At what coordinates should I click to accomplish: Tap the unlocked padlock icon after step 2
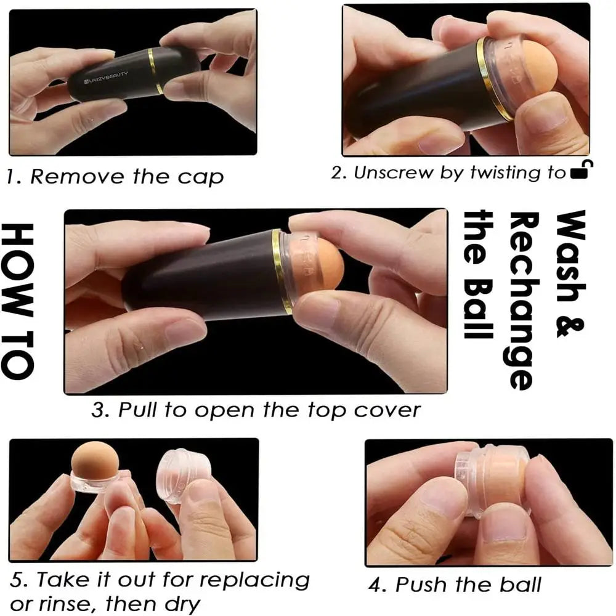(582, 170)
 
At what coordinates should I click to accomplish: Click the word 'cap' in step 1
(200, 178)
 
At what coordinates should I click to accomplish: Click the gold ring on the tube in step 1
(154, 71)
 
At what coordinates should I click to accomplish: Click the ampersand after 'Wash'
(571, 323)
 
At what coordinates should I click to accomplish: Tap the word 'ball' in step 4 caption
(520, 585)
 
